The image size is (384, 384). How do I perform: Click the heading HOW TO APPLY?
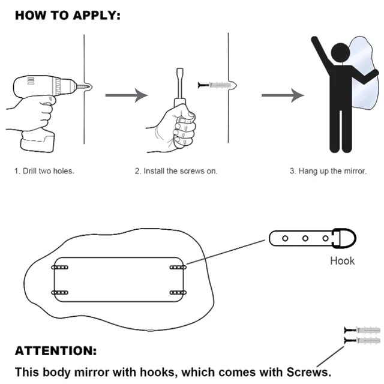(67, 16)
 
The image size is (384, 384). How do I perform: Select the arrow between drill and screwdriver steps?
(126, 95)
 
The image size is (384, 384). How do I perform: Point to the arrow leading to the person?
(282, 95)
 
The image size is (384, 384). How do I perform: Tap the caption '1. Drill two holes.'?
(44, 171)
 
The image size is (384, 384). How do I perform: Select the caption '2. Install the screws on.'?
(176, 171)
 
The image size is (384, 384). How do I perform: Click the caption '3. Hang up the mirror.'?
(328, 171)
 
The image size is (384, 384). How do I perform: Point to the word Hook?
(342, 261)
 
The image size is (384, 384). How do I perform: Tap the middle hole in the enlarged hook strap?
(305, 239)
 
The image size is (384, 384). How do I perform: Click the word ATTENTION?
(55, 351)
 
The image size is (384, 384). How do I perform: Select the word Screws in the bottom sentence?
(309, 371)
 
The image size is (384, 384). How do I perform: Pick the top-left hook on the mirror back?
(59, 266)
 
